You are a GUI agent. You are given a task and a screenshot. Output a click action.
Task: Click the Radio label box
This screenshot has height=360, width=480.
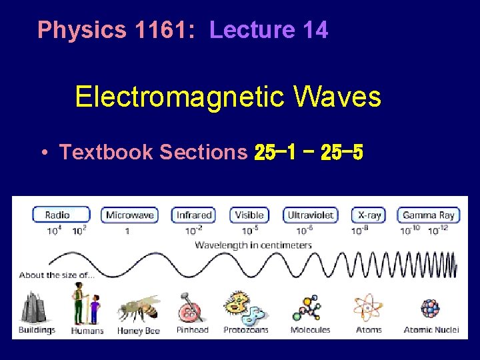point(61,215)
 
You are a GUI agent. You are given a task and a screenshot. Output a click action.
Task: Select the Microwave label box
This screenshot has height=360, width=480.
point(129,215)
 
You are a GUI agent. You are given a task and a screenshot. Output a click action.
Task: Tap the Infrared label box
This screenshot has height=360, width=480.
point(194,215)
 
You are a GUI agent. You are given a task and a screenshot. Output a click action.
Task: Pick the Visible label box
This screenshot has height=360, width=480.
point(249,215)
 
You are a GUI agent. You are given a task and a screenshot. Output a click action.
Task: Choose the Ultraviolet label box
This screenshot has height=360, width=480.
point(310,215)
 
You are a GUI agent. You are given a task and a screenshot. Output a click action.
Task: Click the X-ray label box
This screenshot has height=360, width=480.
point(369,215)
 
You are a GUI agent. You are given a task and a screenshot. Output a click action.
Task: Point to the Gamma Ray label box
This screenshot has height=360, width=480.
point(428,215)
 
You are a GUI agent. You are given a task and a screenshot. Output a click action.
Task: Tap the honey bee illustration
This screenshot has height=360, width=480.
point(138,308)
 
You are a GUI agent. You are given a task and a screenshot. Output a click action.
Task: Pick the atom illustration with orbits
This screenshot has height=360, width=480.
point(368,307)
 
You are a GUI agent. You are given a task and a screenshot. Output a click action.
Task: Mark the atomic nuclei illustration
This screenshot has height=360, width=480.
point(430,309)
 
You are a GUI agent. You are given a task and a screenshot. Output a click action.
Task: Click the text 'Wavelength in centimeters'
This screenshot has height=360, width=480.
point(253,245)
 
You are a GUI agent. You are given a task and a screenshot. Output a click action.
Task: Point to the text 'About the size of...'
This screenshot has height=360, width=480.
point(57,275)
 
